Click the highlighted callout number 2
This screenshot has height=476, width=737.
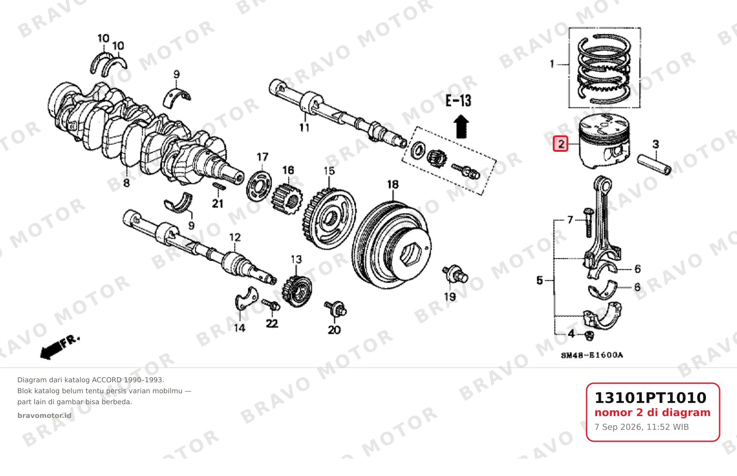click(x=561, y=144)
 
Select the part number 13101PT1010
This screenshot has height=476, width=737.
click(x=651, y=398)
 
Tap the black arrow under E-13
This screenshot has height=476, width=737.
click(x=461, y=126)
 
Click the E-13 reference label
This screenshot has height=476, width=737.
click(x=458, y=101)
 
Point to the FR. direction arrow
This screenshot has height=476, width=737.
click(x=59, y=348)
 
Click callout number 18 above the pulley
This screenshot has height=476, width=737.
click(x=393, y=185)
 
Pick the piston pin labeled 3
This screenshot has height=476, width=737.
click(x=654, y=165)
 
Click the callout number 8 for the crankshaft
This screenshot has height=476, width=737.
click(x=126, y=183)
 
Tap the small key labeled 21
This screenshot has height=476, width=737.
click(x=219, y=187)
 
